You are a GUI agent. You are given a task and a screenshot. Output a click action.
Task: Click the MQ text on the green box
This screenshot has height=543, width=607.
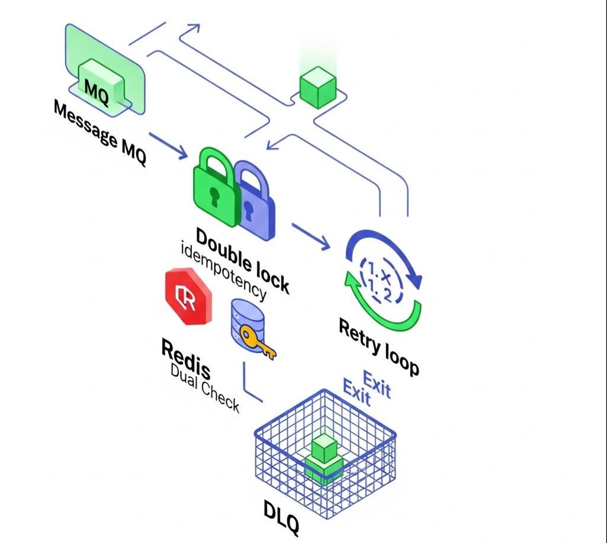pos(97,89)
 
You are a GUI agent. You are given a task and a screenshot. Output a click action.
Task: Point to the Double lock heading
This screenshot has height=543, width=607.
pos(243,259)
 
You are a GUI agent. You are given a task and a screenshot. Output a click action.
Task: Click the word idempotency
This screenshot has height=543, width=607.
pos(224,271)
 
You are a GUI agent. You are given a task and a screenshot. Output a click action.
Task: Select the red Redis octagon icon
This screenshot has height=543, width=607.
pos(188,296)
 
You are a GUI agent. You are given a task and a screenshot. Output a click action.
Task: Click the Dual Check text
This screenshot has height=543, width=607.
pos(205,387)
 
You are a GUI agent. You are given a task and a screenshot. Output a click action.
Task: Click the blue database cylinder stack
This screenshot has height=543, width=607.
pos(245,323)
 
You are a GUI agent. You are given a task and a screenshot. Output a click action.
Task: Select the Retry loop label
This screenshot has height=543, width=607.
pos(379,346)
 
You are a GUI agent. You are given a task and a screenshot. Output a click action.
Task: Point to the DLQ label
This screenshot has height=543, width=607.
pos(281,516)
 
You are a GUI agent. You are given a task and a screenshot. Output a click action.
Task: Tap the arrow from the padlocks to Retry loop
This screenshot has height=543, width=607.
pos(310,235)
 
